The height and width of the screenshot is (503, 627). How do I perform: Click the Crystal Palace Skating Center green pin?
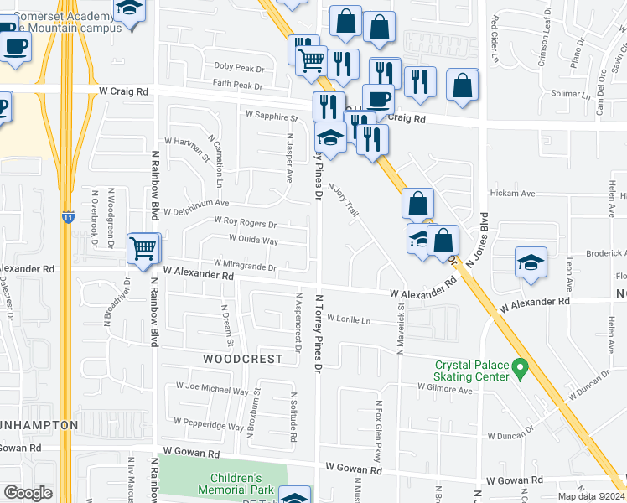click(520, 366)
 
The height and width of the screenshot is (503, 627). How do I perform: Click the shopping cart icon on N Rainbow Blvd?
click(143, 248)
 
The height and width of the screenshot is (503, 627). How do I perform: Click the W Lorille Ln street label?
click(348, 319)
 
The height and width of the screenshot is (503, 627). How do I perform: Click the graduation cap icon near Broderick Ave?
click(531, 264)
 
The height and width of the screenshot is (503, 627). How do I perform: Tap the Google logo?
click(28, 493)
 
